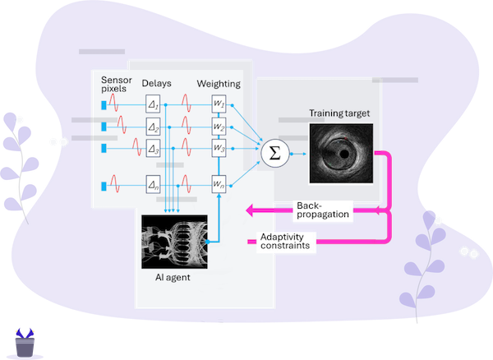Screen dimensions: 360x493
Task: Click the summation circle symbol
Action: (x=271, y=153)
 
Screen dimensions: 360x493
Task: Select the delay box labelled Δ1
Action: (x=153, y=104)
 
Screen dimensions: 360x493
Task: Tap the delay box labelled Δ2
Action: (x=153, y=127)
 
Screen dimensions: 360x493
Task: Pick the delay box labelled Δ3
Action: (x=153, y=148)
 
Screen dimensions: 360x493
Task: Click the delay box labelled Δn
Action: (x=153, y=184)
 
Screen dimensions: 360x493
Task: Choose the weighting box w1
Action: (x=218, y=104)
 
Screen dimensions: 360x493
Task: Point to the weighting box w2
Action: (x=218, y=127)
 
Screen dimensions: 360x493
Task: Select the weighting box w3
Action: (x=218, y=148)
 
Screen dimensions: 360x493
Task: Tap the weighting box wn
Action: (x=218, y=184)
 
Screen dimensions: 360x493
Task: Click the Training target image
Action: (x=340, y=153)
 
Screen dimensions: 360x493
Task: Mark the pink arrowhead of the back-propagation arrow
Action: (x=250, y=212)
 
